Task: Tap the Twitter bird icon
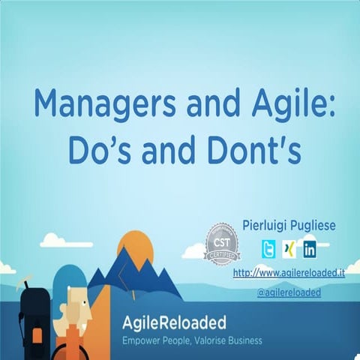269,249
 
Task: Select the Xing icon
289,249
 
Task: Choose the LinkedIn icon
309,249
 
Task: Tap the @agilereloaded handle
289,292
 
